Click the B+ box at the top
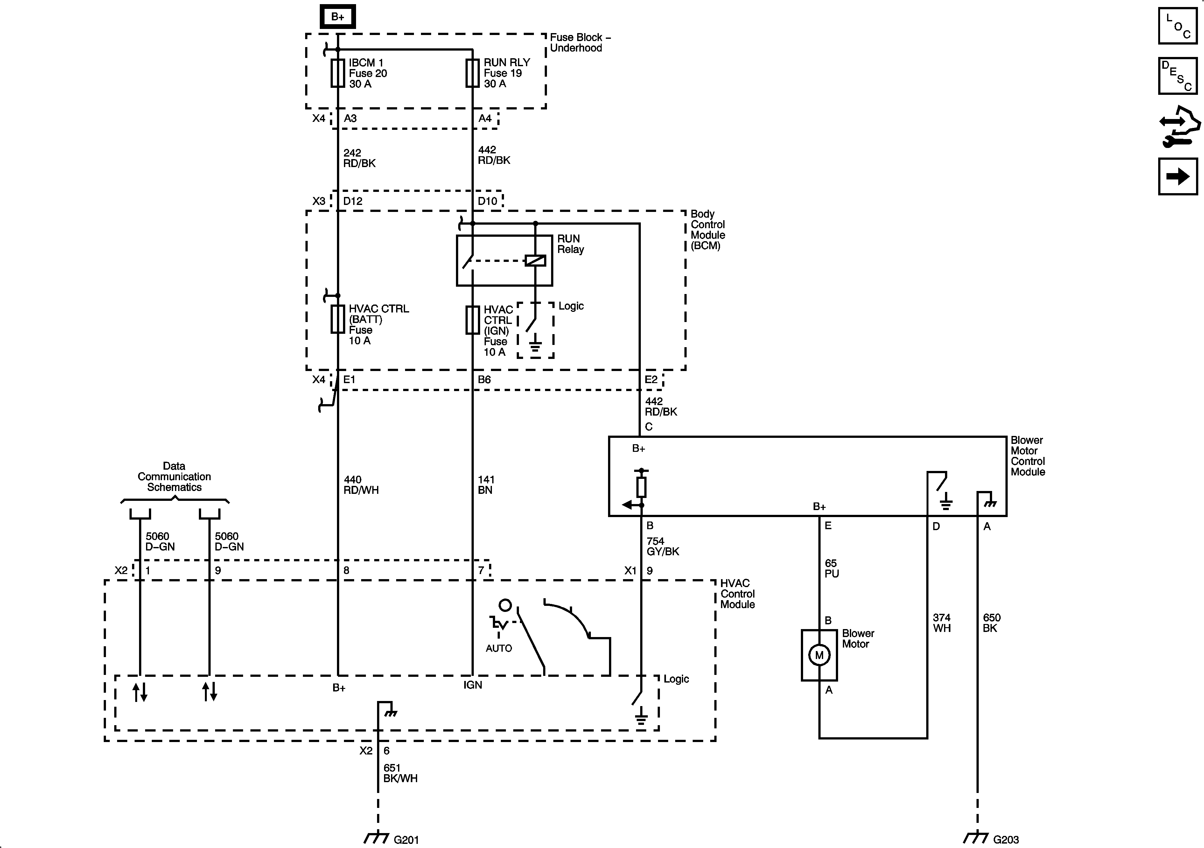pyautogui.click(x=338, y=17)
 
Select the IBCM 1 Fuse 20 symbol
pyautogui.click(x=338, y=73)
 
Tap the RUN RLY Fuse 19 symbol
pyautogui.click(x=472, y=73)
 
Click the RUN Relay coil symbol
pyautogui.click(x=535, y=260)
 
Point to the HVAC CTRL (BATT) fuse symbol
pyautogui.click(x=338, y=319)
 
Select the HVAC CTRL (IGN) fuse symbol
pyautogui.click(x=472, y=320)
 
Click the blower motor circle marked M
pyautogui.click(x=819, y=655)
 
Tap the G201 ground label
pyautogui.click(x=406, y=840)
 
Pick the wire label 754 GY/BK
pyautogui.click(x=662, y=546)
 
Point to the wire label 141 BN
pyautogui.click(x=486, y=485)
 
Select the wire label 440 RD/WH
pyautogui.click(x=361, y=485)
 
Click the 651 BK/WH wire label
pyautogui.click(x=400, y=773)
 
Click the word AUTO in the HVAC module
pyautogui.click(x=499, y=648)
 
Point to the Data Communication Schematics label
pyautogui.click(x=174, y=476)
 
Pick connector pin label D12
pyautogui.click(x=353, y=201)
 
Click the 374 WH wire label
pyautogui.click(x=942, y=622)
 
